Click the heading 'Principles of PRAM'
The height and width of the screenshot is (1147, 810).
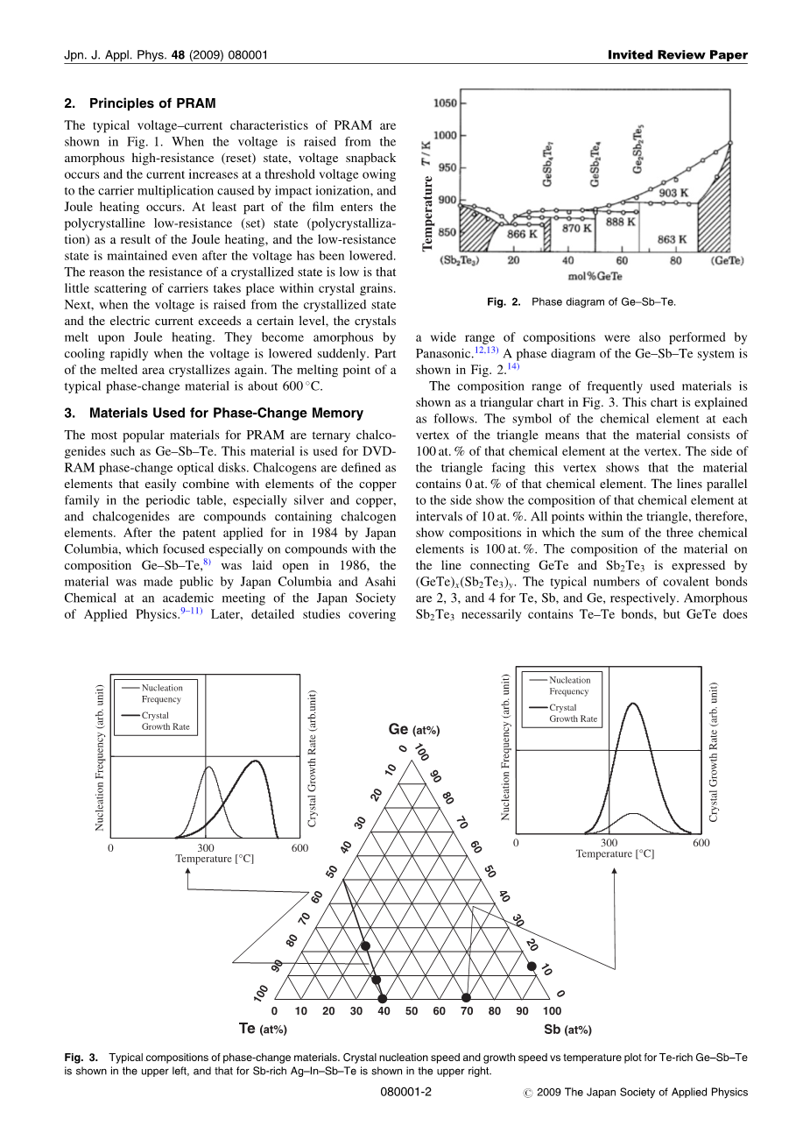point(151,103)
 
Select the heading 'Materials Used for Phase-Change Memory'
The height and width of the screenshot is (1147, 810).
point(226,413)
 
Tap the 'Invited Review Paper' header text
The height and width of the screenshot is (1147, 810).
point(678,55)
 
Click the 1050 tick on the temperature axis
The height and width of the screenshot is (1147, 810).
point(445,103)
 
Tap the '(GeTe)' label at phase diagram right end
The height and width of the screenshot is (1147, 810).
point(727,261)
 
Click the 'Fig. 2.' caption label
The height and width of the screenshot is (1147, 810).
point(504,302)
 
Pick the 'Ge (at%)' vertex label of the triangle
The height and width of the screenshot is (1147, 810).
point(413,730)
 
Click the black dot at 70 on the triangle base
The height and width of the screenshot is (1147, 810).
point(466,998)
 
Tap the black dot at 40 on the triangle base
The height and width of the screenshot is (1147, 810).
point(383,998)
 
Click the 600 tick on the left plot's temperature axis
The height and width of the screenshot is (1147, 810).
point(299,848)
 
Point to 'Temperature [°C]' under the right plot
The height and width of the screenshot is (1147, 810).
point(615,853)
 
